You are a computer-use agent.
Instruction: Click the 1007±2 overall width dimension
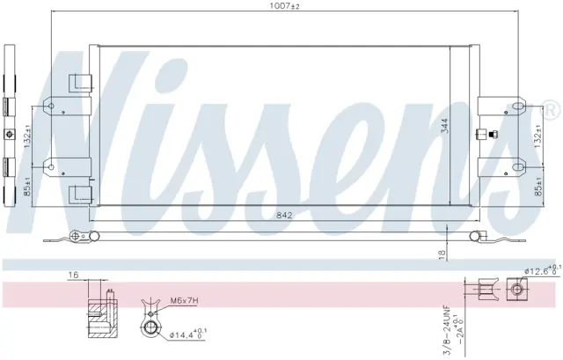[x=284, y=6]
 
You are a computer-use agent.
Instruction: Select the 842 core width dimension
[x=284, y=216]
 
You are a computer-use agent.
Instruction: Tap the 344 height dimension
[x=444, y=126]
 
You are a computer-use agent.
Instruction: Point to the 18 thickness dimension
[x=442, y=254]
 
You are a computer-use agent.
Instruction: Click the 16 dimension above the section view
[x=73, y=275]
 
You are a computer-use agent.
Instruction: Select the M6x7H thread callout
[x=184, y=300]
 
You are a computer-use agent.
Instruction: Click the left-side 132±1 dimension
[x=28, y=136]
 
